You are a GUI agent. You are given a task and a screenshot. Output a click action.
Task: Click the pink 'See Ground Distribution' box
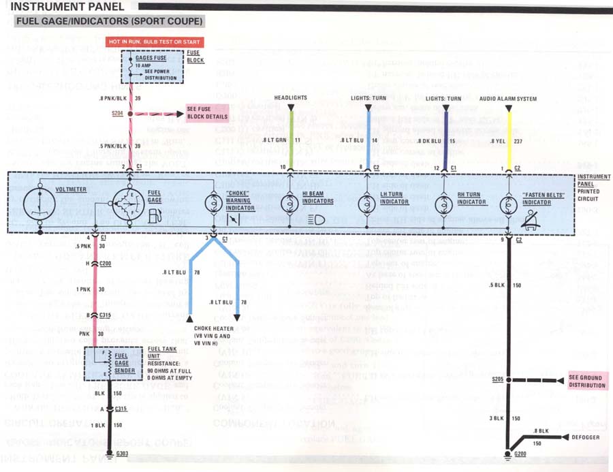[x=586, y=381]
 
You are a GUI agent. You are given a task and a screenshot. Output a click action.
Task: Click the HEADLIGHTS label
[x=291, y=99]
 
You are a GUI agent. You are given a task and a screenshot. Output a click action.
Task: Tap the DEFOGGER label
[x=586, y=437]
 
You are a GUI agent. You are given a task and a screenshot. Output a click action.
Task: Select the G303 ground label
[x=123, y=453]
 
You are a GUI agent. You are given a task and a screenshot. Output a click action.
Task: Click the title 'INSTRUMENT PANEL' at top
[x=67, y=7]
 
